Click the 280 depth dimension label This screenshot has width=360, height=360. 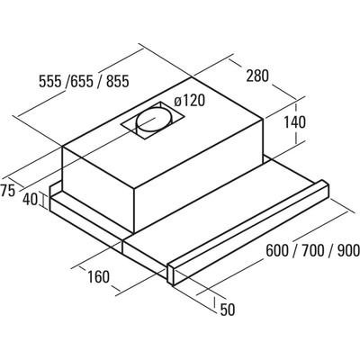pos(257,76)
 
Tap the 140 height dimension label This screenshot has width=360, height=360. pos(294,122)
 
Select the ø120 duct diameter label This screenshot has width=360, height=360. pos(189,101)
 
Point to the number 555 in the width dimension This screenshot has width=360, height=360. pos(50,81)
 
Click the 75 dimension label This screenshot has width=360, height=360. pos(8,191)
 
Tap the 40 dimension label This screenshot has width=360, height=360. pos(30,200)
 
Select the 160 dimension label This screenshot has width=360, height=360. pos(98,276)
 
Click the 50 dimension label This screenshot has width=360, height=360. pos(228,310)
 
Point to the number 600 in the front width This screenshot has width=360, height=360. pos(277,251)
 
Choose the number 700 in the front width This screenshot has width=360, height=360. pos(313,251)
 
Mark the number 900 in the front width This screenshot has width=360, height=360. pos(348,251)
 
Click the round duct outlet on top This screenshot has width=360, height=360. pos(155,121)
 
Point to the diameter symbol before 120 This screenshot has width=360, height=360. pos(178,101)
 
